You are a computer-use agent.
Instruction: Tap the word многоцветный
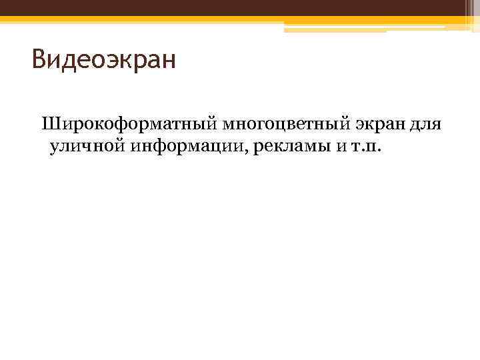pos(277,124)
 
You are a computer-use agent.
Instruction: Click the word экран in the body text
pos(377,124)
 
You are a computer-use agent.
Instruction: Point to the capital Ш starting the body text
pos(49,124)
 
